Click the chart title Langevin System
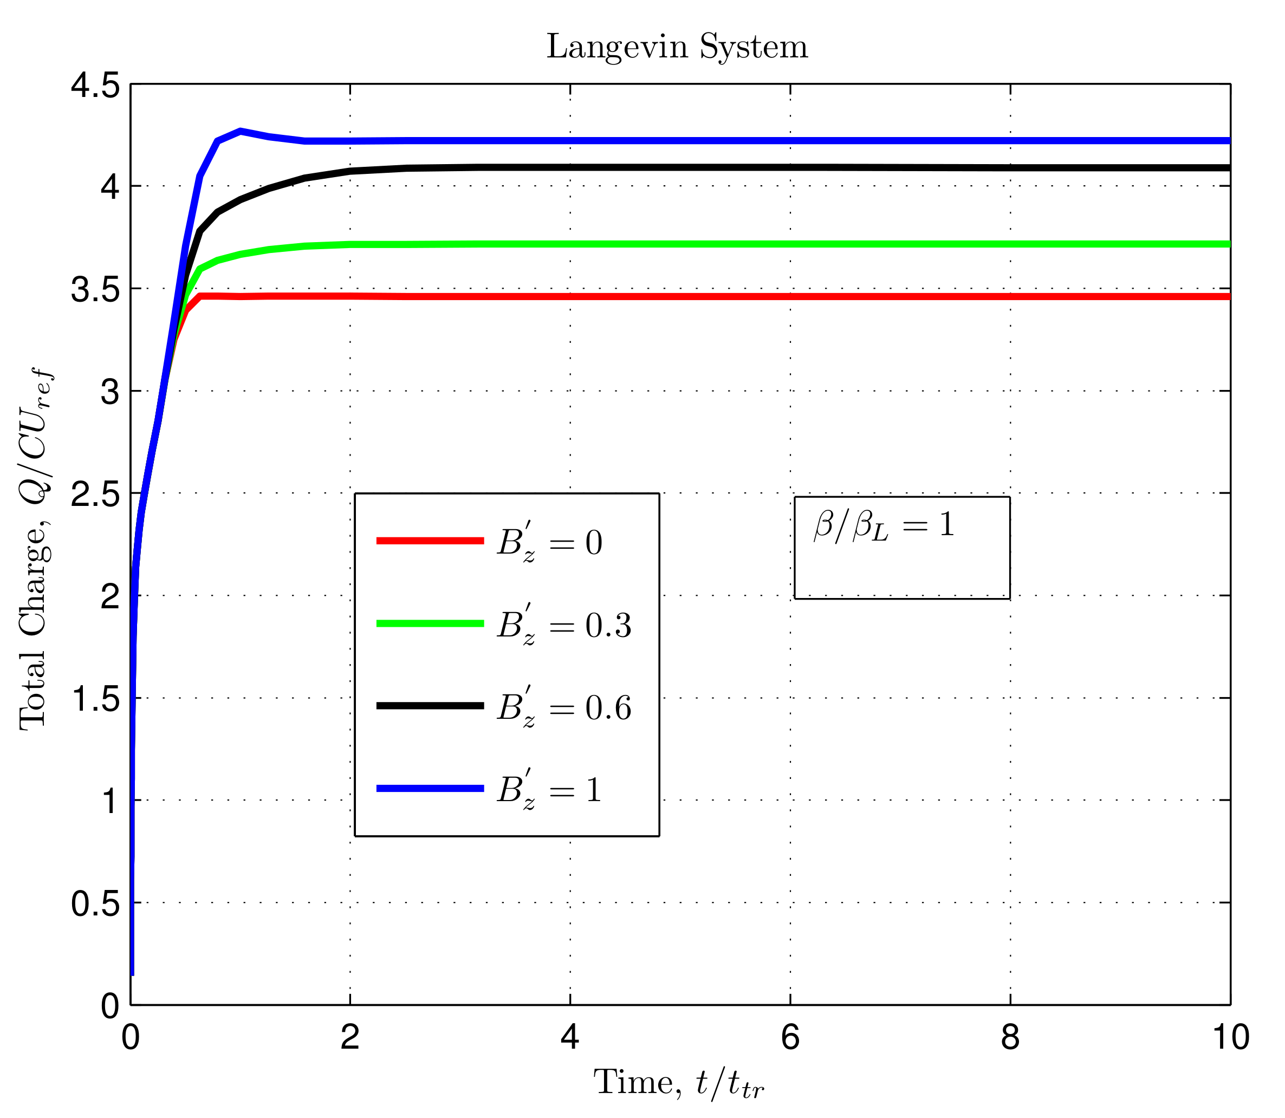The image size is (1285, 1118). coord(677,47)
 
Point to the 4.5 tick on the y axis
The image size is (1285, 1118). coord(95,85)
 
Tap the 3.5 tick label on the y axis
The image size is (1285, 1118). coord(95,289)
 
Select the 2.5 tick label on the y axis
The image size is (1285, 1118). coord(95,494)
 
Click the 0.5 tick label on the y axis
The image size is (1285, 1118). coord(95,903)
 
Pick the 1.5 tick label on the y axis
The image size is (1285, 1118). coord(95,699)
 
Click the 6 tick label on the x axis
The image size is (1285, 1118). coord(789,1037)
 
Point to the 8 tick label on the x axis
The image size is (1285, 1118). coord(1010,1037)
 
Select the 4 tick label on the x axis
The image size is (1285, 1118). coord(569,1037)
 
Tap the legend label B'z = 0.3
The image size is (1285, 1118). coord(564,625)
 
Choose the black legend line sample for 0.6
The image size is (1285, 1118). coord(430,706)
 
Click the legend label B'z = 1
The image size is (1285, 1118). coord(549,790)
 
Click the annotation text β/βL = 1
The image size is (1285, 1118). coord(884,525)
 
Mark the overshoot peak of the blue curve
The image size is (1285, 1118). coord(241,131)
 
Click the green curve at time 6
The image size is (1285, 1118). coord(790,244)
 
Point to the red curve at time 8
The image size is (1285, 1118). coord(1010,296)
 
